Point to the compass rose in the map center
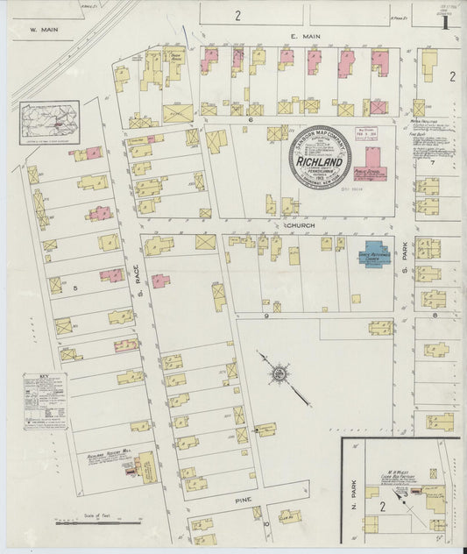(278, 375)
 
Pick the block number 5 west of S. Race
(76, 286)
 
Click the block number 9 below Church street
(265, 314)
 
